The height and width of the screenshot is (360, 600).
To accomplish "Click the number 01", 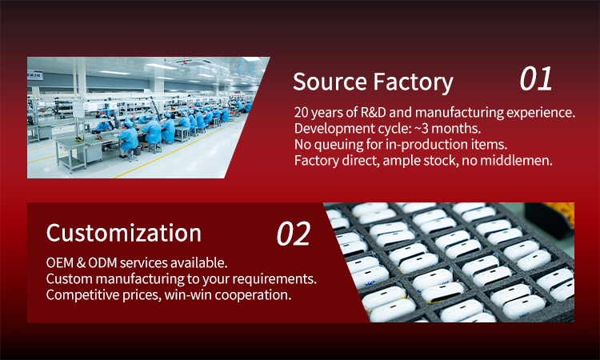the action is point(536,78).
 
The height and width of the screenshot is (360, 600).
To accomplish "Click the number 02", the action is point(294,234).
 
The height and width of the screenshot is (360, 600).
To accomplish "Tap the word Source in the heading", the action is point(330,82).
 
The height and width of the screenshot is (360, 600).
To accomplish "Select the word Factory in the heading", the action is point(413,83).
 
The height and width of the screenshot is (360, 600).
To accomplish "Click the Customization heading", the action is point(123,233).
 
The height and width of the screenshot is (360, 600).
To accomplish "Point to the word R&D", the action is point(373,112).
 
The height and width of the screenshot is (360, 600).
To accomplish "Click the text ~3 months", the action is point(447,129).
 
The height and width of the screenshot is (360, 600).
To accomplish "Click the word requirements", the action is point(274,279).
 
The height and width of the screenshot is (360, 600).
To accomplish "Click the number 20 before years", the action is point(301,112).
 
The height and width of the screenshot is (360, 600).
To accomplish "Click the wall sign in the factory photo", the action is point(35,75).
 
